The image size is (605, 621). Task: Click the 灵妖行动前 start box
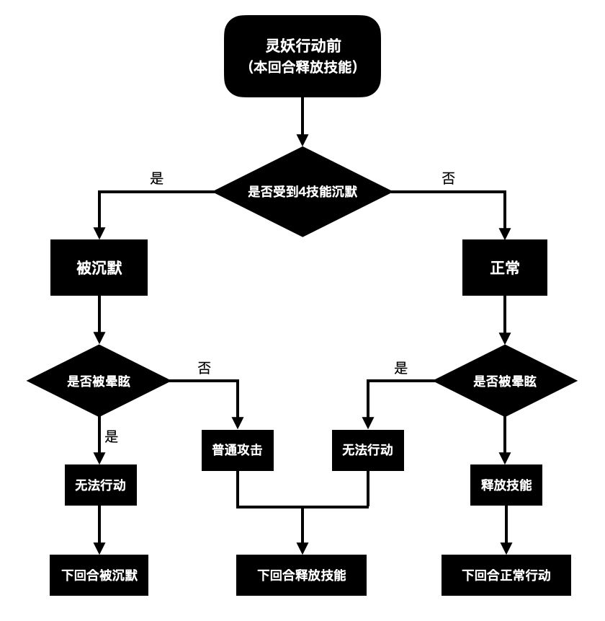coord(302,56)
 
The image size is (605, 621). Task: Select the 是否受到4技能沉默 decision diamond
coord(302,192)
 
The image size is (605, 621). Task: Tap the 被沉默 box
coord(99,268)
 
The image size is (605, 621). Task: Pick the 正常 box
coord(505,268)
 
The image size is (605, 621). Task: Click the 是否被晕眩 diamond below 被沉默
coord(99,381)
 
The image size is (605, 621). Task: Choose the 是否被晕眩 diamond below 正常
coord(505,381)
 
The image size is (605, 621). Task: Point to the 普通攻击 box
coord(237,450)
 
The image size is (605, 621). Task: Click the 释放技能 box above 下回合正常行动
coord(506,485)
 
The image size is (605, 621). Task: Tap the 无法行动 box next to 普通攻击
coord(367,450)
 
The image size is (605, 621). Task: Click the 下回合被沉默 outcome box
coord(99,575)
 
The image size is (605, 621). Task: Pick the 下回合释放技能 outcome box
coord(302,575)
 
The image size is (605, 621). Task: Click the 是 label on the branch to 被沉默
coord(157,179)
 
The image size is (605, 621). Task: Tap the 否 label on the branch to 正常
coord(448,179)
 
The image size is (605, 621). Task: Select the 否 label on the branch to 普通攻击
coord(205,368)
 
